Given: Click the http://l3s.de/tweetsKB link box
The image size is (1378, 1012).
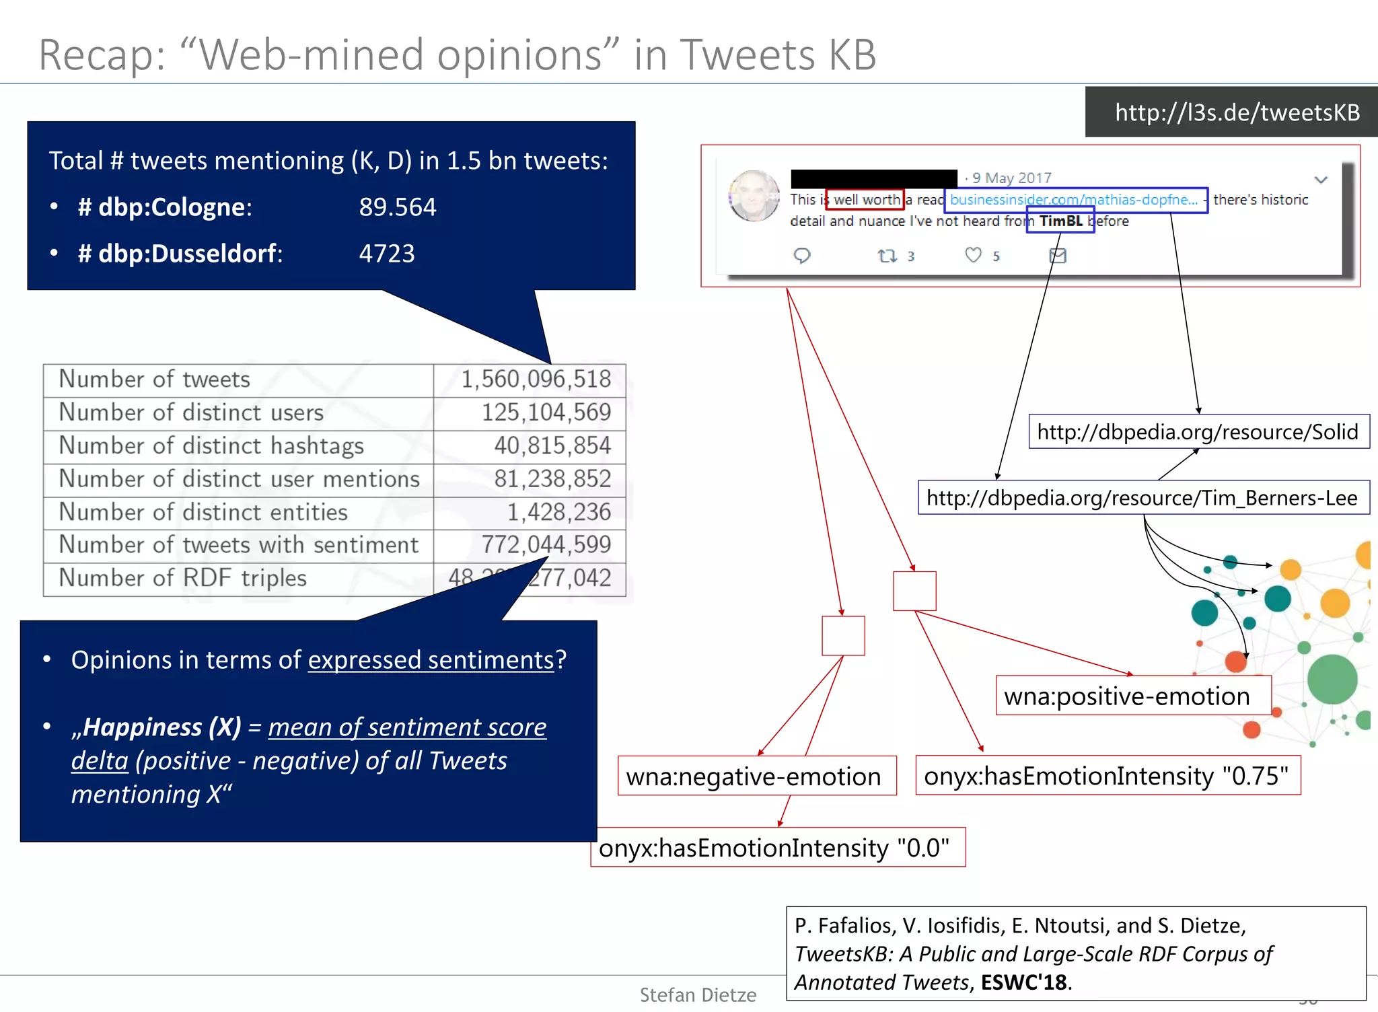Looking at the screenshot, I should click(1237, 112).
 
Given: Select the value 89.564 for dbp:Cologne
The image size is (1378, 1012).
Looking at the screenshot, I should click(397, 207).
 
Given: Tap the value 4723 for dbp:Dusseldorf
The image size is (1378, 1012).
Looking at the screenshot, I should click(386, 254).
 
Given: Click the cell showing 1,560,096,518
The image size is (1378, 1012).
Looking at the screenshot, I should click(536, 379).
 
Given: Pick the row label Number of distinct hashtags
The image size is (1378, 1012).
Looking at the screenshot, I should click(211, 445).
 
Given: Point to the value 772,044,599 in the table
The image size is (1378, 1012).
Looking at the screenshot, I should click(546, 545).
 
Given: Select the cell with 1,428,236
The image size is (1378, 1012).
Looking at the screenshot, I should click(558, 512).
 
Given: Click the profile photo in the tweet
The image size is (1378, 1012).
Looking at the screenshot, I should click(754, 196).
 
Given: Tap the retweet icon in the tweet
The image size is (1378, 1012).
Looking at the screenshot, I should click(887, 256).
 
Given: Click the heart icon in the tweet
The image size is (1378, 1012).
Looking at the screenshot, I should click(973, 255).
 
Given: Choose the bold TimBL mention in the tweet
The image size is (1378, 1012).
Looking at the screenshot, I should click(1060, 221).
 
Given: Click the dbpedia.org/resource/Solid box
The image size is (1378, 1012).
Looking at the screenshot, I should click(1198, 431).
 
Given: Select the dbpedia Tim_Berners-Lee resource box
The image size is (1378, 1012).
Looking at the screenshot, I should click(1143, 498).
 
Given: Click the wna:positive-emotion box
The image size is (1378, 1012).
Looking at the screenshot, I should click(1127, 696).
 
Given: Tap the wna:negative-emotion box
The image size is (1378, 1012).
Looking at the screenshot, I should click(754, 776).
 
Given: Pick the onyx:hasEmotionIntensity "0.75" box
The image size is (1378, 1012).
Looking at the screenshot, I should click(1106, 776).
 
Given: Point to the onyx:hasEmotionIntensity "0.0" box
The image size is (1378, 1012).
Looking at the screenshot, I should click(774, 848).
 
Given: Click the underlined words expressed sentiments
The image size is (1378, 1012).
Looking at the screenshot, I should click(431, 660).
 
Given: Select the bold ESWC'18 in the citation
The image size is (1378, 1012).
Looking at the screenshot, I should click(1023, 982).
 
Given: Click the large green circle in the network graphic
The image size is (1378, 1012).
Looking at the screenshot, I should click(1332, 679).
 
